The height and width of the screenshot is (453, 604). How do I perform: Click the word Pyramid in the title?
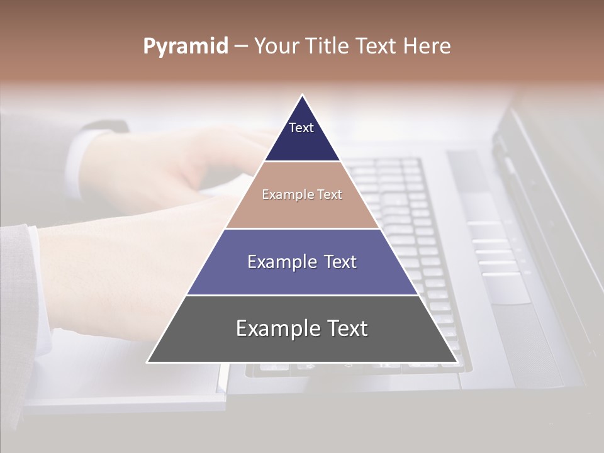pyautogui.click(x=186, y=47)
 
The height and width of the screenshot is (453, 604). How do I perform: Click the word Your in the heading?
pyautogui.click(x=277, y=46)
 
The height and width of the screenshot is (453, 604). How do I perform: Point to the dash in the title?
pyautogui.click(x=241, y=47)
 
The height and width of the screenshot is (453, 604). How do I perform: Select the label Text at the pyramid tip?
pyautogui.click(x=301, y=128)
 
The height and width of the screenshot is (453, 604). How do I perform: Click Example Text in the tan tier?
pyautogui.click(x=302, y=194)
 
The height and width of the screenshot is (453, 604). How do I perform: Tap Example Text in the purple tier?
pyautogui.click(x=302, y=262)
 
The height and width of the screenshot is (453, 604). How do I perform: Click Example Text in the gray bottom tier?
pyautogui.click(x=302, y=328)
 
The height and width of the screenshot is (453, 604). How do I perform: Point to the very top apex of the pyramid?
pyautogui.click(x=302, y=96)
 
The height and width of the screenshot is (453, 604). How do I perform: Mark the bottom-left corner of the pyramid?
pyautogui.click(x=148, y=362)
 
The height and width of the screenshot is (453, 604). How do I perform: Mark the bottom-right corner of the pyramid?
pyautogui.click(x=457, y=362)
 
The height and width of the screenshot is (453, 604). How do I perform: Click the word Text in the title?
pyautogui.click(x=378, y=46)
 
